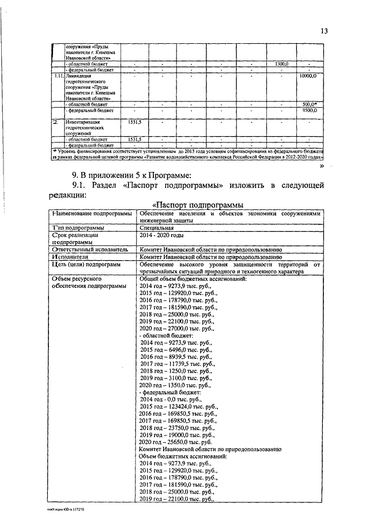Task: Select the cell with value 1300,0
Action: (x=281, y=63)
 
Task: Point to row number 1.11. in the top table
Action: (x=56, y=76)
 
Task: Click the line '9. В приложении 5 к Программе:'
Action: (x=130, y=174)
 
